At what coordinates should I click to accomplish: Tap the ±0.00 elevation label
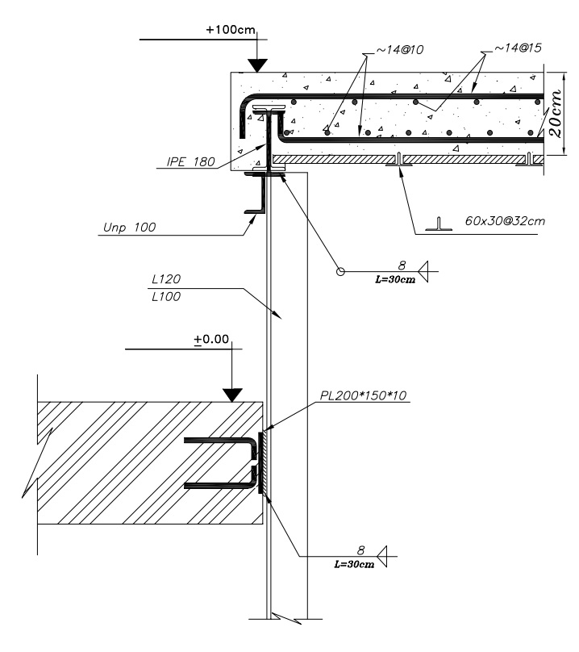[x=212, y=341]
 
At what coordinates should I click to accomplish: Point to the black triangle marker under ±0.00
[x=233, y=395]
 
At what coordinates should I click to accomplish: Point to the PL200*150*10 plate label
[x=366, y=396]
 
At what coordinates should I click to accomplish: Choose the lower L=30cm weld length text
[x=355, y=563]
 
